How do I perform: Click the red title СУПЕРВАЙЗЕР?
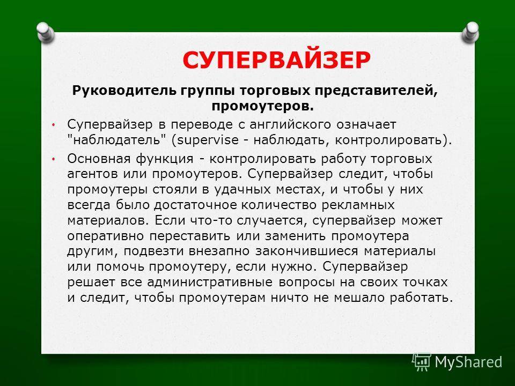(277, 60)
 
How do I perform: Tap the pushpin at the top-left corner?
(45, 32)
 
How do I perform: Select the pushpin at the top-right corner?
(470, 32)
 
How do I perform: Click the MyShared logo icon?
(422, 362)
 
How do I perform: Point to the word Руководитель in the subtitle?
(126, 91)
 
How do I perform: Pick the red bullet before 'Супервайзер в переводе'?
(54, 125)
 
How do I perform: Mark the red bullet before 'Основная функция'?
(54, 159)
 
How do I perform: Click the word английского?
(290, 125)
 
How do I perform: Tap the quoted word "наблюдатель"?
(116, 140)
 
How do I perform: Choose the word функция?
(165, 159)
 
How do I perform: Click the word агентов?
(92, 174)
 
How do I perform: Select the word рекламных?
(358, 205)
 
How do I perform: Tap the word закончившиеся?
(306, 251)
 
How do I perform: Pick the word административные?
(210, 283)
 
